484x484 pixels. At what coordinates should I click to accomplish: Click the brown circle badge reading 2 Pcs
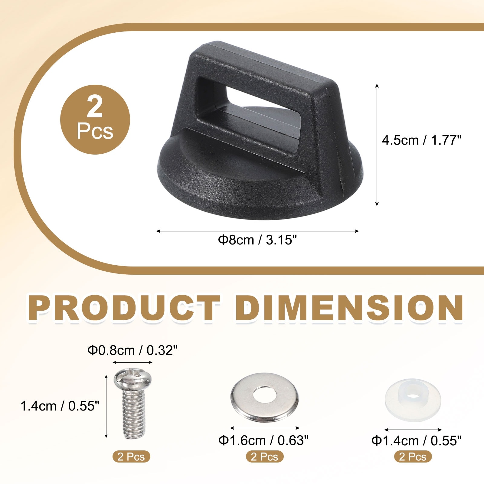click(x=95, y=119)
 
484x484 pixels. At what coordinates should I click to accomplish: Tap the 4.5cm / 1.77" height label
click(x=421, y=140)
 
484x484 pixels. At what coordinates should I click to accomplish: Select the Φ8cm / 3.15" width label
click(x=257, y=240)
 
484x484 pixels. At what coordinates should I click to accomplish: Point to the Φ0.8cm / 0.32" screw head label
click(x=132, y=350)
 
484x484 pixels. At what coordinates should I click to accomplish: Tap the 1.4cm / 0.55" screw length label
click(x=60, y=406)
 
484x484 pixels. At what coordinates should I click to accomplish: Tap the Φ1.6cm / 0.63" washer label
click(x=263, y=440)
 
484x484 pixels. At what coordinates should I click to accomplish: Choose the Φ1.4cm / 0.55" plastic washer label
click(x=417, y=441)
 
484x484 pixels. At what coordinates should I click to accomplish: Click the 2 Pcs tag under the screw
click(x=131, y=456)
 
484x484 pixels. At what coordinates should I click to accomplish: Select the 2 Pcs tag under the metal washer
click(x=265, y=456)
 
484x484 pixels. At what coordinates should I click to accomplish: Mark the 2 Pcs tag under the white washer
click(x=413, y=456)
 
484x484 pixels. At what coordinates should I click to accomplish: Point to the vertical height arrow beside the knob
click(x=377, y=145)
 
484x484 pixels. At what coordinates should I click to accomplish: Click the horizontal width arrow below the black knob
click(x=257, y=231)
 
